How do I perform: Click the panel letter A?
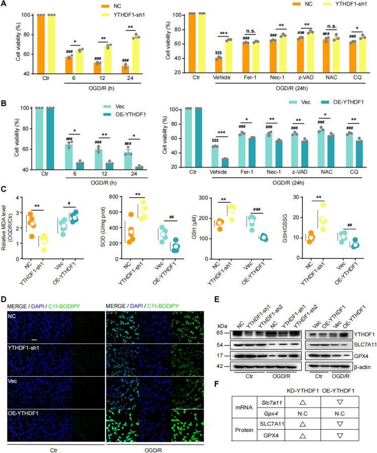(4, 5)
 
